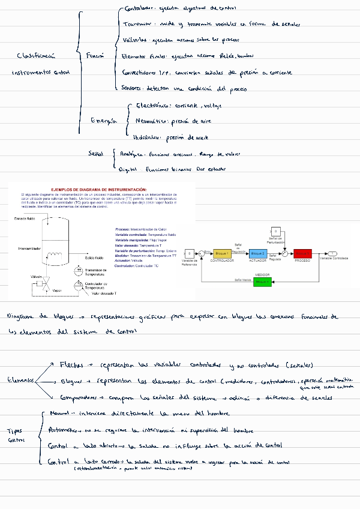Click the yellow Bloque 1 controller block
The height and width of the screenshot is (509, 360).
click(222, 254)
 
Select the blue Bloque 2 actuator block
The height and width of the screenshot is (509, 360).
click(258, 254)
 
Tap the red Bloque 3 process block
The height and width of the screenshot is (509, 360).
click(301, 254)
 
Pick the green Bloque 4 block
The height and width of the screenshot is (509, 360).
click(262, 281)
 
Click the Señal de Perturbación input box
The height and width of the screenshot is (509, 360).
click(275, 231)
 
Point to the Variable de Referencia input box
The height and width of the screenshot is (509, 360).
click(189, 254)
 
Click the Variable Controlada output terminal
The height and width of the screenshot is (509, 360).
click(333, 254)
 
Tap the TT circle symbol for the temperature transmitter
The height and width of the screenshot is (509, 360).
click(79, 271)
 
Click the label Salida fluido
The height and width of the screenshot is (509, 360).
click(94, 258)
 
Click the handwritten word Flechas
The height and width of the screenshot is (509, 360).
click(71, 365)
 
